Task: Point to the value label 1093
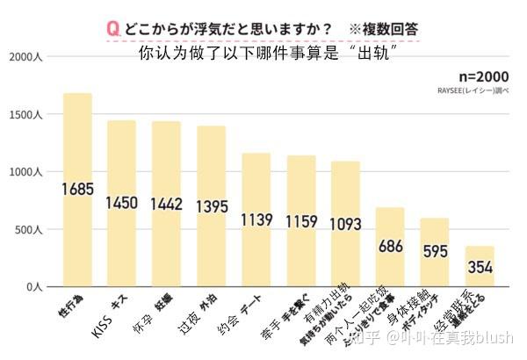coord(345,223)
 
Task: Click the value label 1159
coord(300,221)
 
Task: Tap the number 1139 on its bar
coord(256,220)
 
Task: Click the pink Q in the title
coord(112,29)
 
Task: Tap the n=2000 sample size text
coord(482,76)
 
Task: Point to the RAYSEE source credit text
coord(473,90)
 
